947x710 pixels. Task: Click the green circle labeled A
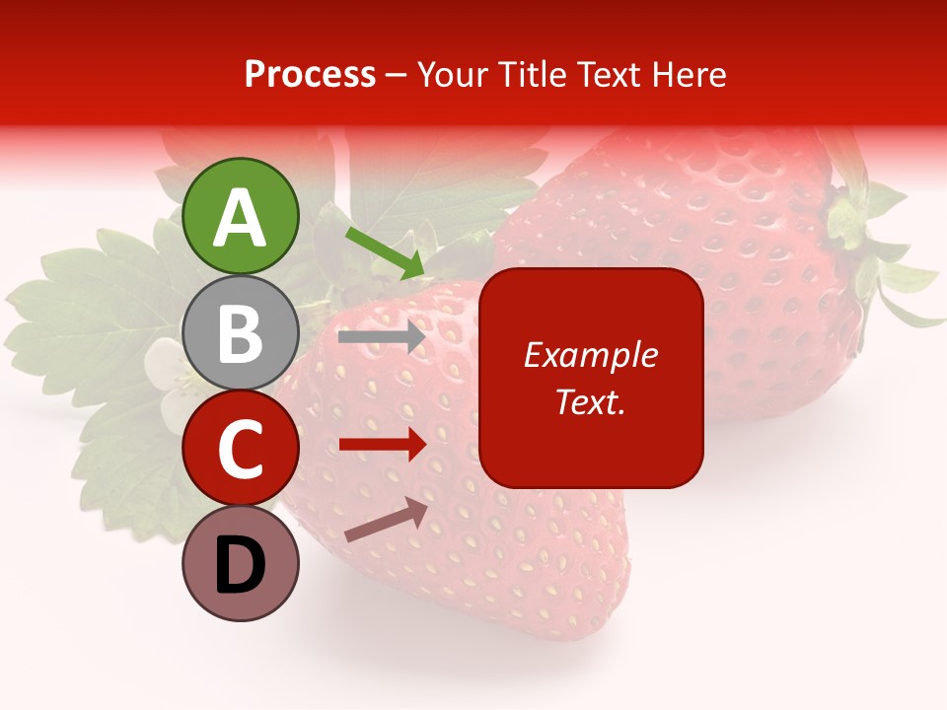[x=240, y=217]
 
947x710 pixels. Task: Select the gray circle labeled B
[x=240, y=333]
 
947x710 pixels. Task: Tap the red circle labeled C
[x=240, y=449]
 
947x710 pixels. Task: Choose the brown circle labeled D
[x=240, y=564]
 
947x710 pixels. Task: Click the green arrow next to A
[x=385, y=252]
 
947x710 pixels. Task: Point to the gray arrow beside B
[x=382, y=337]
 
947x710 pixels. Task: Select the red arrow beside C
[x=382, y=445]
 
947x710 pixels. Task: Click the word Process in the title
[x=310, y=75]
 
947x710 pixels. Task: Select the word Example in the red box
[x=590, y=355]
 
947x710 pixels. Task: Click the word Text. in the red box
[x=590, y=401]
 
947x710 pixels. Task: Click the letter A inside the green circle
[x=240, y=218]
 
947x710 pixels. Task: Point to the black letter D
[x=240, y=566]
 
